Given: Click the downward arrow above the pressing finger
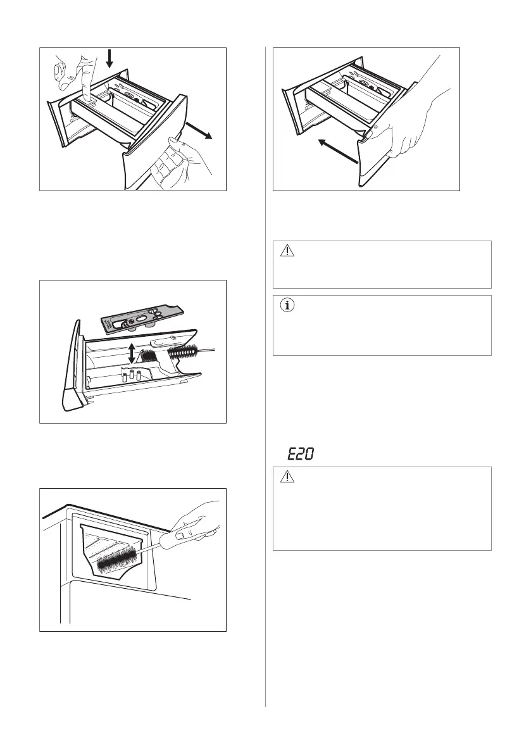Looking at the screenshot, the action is [x=109, y=58].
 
